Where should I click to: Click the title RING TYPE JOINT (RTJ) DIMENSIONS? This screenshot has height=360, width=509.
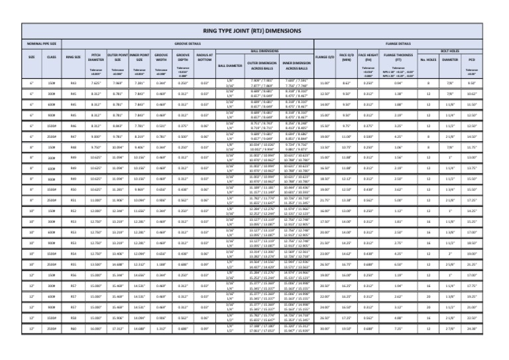[x=254, y=31]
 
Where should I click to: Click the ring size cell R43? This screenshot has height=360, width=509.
[x=72, y=84]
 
